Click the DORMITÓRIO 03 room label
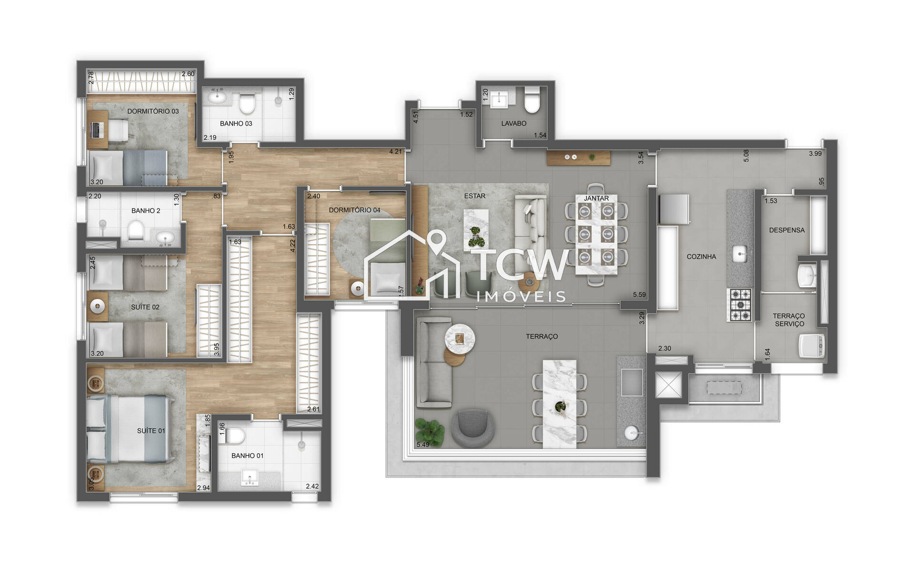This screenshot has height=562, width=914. (153, 111)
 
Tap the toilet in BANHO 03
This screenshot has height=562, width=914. (247, 104)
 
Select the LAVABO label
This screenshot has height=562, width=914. (514, 123)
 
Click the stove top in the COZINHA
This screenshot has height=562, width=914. (740, 305)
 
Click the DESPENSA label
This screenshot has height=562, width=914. (786, 230)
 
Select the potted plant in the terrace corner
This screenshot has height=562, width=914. (430, 431)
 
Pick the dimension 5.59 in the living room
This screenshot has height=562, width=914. (639, 295)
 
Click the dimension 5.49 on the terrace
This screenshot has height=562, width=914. (423, 444)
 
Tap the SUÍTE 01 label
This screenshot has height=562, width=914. (151, 431)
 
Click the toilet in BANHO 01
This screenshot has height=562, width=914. (234, 435)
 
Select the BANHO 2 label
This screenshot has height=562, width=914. (146, 210)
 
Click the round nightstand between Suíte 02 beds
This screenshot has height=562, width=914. (98, 306)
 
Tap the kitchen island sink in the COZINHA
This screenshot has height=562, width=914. (739, 253)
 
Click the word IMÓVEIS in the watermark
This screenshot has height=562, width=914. (521, 297)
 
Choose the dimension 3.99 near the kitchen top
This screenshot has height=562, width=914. (815, 153)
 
